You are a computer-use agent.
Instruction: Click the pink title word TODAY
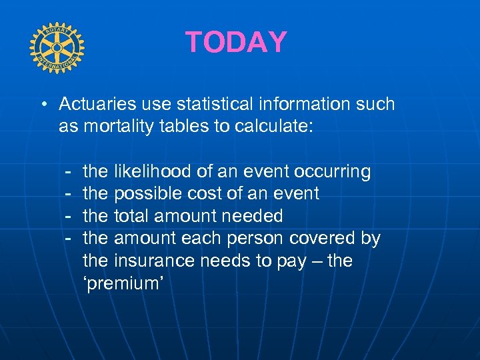point(236,42)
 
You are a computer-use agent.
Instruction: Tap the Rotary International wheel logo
point(57,48)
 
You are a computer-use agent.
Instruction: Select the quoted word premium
point(123,283)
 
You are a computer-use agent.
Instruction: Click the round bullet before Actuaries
point(43,105)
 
